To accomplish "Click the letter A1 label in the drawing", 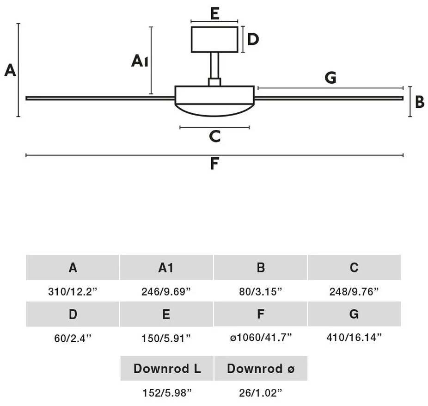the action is tap(140, 61).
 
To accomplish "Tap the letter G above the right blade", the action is tap(330, 78).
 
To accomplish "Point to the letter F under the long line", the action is tap(214, 164).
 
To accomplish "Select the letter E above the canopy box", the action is tap(215, 13).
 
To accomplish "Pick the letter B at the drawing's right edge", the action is tap(420, 102).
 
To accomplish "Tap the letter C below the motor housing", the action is tap(215, 136).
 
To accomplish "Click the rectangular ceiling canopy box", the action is tap(214, 40).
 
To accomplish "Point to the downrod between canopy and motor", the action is tap(214, 66).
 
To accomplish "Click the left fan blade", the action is tap(100, 98).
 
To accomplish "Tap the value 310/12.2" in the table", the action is tap(73, 292).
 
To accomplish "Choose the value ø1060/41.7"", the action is tap(261, 338).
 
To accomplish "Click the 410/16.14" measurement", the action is tap(354, 338).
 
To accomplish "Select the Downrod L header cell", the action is tap(167, 369).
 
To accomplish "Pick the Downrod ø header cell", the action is tap(261, 369).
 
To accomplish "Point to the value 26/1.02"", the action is tap(260, 393).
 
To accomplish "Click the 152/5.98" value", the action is tap(167, 393).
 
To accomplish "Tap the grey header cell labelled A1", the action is tap(166, 267).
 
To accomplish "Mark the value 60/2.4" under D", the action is tap(73, 338).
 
